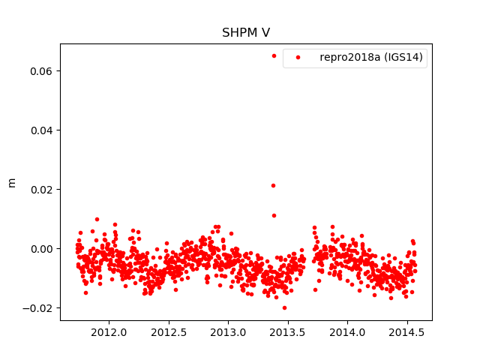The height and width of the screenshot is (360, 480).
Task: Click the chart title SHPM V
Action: (x=245, y=33)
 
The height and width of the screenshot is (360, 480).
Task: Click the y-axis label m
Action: (x=11, y=182)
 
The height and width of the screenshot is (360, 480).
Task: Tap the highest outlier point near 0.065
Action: (x=274, y=55)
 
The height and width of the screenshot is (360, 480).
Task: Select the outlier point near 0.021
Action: (x=273, y=185)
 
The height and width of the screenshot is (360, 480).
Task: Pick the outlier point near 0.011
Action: (x=274, y=215)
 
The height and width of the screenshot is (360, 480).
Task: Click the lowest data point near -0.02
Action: (x=284, y=307)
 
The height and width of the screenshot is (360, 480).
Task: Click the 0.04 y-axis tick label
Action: (x=42, y=130)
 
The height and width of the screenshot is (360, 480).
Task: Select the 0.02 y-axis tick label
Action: (x=42, y=190)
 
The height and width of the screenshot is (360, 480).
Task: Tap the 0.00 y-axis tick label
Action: (x=42, y=249)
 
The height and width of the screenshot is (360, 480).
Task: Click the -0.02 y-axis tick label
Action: (x=39, y=308)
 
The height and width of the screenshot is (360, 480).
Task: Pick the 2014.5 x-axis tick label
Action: (x=407, y=332)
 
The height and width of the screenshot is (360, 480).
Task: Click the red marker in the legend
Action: (x=300, y=58)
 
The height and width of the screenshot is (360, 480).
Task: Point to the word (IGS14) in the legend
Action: (x=406, y=58)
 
